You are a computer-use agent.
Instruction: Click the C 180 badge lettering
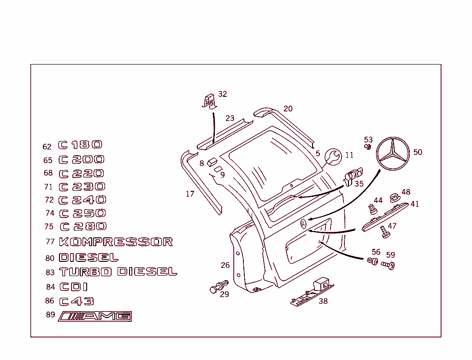[x=80, y=145]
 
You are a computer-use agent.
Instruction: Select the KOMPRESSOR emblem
[x=116, y=242]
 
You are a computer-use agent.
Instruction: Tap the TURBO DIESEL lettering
[x=118, y=272]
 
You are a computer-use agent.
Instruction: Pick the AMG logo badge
[x=95, y=316]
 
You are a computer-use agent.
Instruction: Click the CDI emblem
[x=74, y=287]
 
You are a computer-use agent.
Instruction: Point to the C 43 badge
[x=77, y=301]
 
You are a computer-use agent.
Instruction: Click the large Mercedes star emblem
[x=393, y=154]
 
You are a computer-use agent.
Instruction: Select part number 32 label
[x=223, y=94]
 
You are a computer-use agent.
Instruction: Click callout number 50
[x=418, y=152]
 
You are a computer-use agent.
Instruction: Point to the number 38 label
[x=323, y=301]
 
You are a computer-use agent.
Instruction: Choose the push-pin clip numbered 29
[x=218, y=286]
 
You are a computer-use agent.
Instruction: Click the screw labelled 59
[x=388, y=266]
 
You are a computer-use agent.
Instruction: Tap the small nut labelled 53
[x=368, y=147]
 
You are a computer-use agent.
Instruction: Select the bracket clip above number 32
[x=209, y=100]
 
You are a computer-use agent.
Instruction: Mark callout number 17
[x=190, y=194]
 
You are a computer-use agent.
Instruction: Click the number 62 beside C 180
[x=47, y=147]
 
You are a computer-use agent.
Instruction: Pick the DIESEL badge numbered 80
[x=88, y=257]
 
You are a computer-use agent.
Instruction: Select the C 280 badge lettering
[x=83, y=226]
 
